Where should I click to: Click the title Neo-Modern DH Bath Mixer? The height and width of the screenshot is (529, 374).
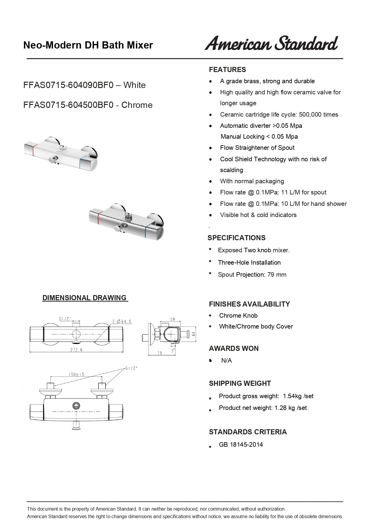pos(88,45)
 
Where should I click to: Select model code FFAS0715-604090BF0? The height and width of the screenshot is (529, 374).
pos(68,85)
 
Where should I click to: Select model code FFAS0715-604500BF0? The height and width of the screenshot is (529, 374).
pos(68,105)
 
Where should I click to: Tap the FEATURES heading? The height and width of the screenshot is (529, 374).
pos(227,70)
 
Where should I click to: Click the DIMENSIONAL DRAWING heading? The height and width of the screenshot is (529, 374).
pos(85,298)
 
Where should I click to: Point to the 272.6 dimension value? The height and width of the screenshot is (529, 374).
pos(76,350)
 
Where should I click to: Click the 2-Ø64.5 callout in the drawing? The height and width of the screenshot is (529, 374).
pos(122,322)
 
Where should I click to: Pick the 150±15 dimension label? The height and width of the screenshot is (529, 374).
pos(76,374)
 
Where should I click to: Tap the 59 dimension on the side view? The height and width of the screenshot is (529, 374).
pos(173,319)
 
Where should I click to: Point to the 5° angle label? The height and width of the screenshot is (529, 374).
pos(173,351)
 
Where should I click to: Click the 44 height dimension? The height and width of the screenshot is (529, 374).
pos(194,334)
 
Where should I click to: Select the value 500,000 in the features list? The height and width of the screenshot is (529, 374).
pos(310,115)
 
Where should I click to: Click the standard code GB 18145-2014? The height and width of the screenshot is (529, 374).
pos(241,445)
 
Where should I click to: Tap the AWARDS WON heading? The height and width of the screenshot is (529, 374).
pos(234,348)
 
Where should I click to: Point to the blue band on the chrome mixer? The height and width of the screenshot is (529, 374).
pos(147,230)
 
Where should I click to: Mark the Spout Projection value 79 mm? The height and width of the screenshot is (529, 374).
pos(277,275)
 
